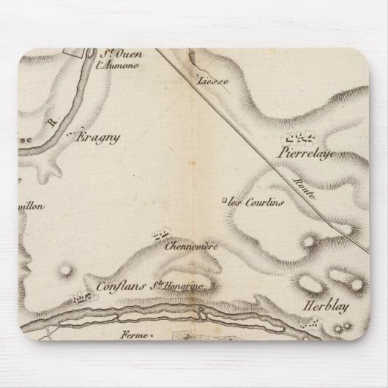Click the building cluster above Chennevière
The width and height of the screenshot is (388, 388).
tap(159, 235)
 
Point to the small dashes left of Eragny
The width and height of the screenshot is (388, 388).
tap(70, 136)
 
